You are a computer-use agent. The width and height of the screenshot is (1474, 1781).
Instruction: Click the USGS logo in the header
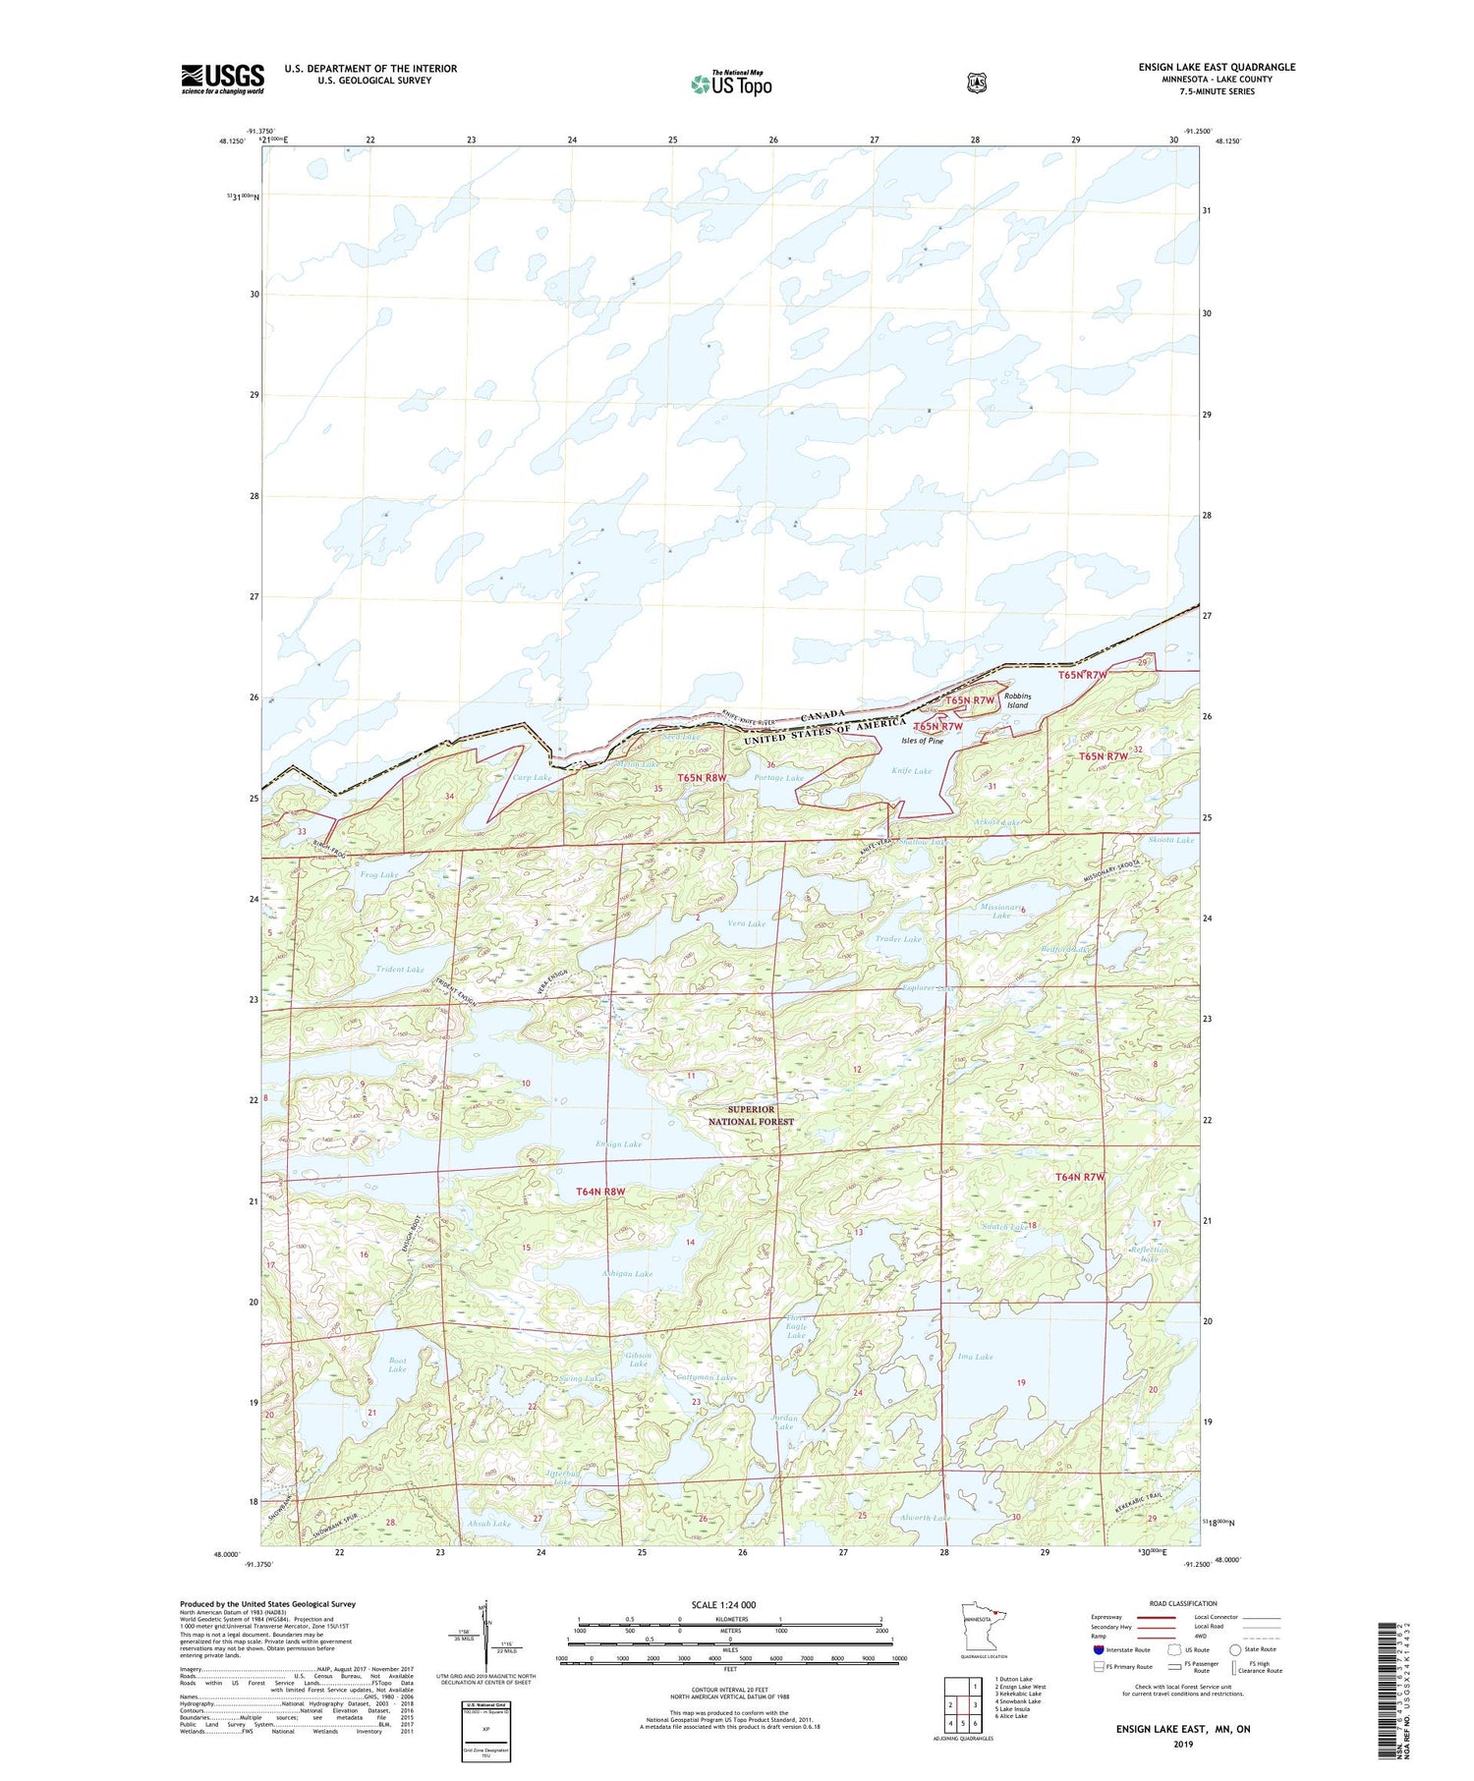[222, 79]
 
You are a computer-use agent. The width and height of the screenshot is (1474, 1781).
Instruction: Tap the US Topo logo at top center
[732, 83]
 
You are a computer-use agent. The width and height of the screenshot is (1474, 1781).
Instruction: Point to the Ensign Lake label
[618, 1143]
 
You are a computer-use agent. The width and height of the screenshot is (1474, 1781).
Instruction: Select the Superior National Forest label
[751, 1115]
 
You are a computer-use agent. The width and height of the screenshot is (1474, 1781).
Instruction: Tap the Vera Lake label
[746, 923]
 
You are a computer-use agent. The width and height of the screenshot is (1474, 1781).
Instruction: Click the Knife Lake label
[911, 771]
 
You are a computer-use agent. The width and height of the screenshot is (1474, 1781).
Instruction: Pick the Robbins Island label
[1016, 700]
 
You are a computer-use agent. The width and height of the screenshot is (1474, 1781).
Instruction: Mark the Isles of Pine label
[922, 741]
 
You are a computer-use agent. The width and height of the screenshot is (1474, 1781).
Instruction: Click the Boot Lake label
[397, 1364]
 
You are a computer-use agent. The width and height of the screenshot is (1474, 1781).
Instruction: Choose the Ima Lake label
[975, 1357]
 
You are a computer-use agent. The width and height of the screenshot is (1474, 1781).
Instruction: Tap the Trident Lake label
[400, 970]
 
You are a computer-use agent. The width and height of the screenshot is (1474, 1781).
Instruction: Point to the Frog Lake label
[378, 874]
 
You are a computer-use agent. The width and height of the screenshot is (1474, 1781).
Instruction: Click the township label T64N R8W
[599, 1192]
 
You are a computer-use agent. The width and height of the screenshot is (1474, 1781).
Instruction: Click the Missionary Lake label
[1001, 911]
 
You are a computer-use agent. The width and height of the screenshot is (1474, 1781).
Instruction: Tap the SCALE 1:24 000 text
[723, 1605]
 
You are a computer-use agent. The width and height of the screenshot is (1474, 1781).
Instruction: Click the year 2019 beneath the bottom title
[1182, 1745]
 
